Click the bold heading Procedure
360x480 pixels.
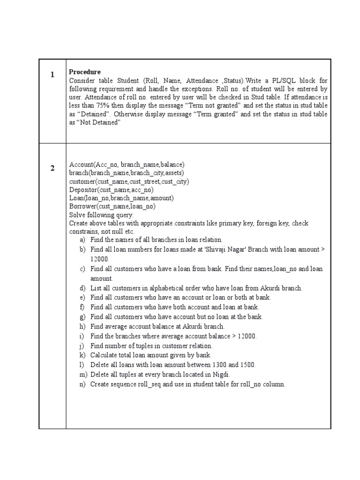(x=85, y=72)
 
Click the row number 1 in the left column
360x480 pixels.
(x=52, y=75)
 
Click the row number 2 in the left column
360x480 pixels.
(x=52, y=168)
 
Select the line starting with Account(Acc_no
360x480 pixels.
(x=127, y=165)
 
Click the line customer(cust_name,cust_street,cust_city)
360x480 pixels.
(x=129, y=181)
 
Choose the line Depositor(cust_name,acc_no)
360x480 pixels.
(x=111, y=190)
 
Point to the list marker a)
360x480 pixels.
(x=82, y=240)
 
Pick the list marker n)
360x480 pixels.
(x=82, y=384)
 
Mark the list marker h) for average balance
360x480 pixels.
(x=82, y=326)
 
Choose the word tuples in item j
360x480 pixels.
(x=143, y=346)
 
